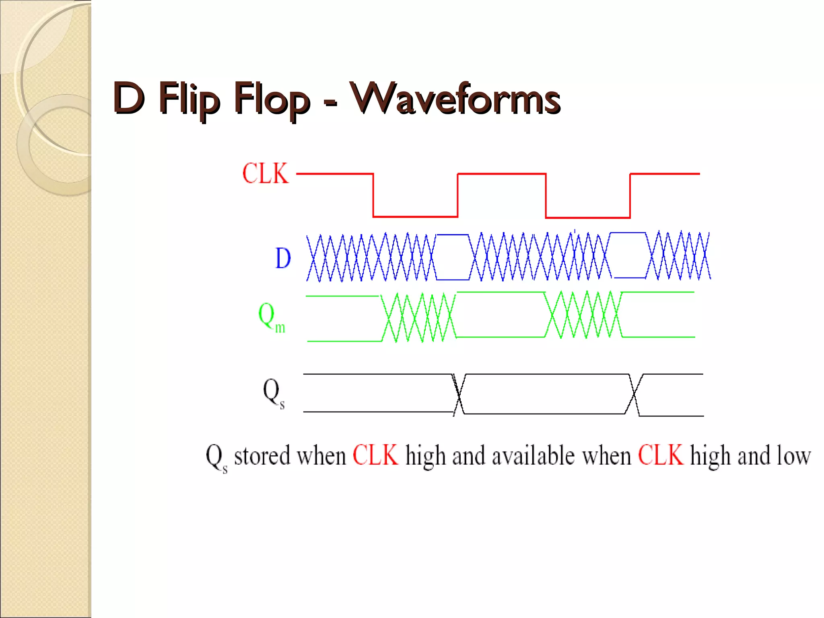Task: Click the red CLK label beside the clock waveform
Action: tap(266, 173)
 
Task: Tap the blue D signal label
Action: tap(283, 258)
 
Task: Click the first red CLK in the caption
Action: tap(375, 455)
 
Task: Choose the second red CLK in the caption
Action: tap(661, 455)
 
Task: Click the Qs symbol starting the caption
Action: tap(216, 458)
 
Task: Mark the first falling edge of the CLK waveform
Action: tap(373, 196)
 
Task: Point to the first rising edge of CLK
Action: tap(458, 196)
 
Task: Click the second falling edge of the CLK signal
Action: tap(546, 196)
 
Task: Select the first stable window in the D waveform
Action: tap(453, 257)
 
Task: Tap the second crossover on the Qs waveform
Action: tap(634, 395)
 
